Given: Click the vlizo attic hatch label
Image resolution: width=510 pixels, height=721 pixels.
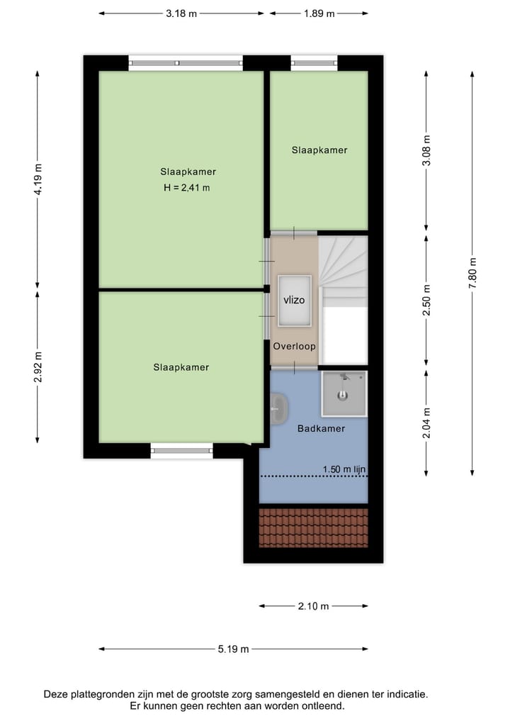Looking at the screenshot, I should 294,300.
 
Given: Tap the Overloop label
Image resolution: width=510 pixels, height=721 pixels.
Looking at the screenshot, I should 294,347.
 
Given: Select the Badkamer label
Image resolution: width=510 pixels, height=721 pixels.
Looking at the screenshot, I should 321,428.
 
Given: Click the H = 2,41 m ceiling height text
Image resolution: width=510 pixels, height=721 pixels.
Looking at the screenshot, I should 188,188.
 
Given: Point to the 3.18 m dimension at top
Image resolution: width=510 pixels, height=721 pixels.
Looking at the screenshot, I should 181,13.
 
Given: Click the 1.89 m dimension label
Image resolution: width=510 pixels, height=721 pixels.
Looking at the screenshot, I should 319,13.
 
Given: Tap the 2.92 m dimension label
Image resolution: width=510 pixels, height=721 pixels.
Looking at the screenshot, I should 38,367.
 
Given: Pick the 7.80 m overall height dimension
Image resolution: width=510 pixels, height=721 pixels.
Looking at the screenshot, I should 472,272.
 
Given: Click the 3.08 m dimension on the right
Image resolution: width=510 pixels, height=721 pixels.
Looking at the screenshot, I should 426,150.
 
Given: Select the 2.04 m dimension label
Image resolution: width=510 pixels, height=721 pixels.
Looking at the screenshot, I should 426,423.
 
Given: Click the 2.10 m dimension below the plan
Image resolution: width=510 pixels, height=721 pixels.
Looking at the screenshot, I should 313,606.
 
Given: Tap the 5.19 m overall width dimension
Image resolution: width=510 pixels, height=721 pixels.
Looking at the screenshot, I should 233,649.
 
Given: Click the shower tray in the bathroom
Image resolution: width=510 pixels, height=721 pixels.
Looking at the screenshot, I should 344,393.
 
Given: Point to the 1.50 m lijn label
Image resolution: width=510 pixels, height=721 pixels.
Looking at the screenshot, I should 344,469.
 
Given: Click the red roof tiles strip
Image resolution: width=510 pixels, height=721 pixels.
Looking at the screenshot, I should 313,527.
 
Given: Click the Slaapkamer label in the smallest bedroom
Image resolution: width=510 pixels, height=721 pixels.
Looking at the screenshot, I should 319,150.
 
